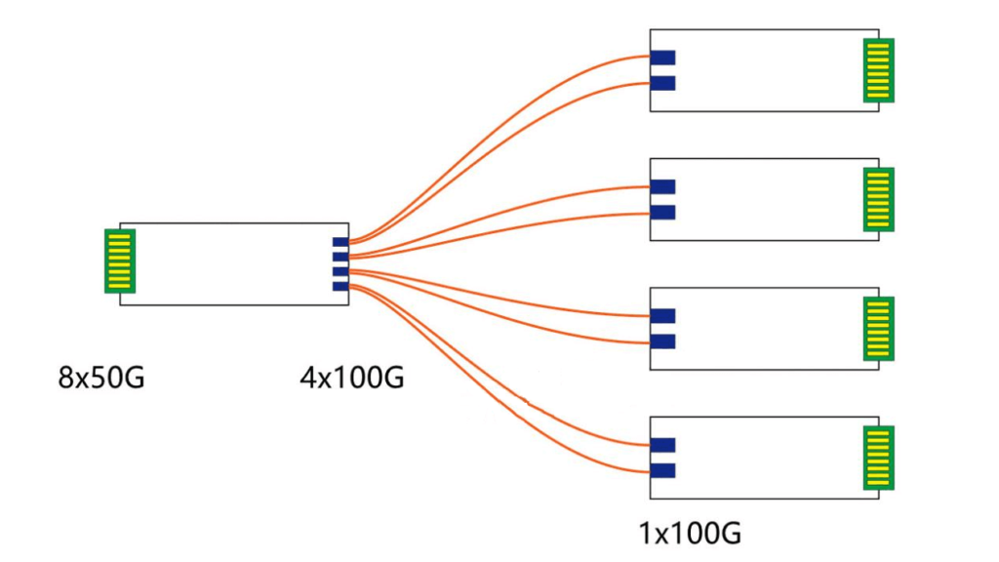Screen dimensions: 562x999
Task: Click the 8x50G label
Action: point(101,377)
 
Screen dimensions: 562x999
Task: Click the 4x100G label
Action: point(351,377)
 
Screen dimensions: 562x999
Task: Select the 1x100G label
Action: point(690,534)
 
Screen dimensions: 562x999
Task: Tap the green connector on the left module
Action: point(119,261)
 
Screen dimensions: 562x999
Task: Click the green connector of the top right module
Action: point(878,70)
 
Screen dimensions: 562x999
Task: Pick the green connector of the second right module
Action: point(878,199)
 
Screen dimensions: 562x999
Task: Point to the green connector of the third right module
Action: point(878,329)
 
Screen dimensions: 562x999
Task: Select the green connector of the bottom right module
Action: point(878,458)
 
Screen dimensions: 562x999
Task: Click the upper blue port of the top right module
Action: point(662,58)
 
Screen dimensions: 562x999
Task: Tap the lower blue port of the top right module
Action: point(662,83)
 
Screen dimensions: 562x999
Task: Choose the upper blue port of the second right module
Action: point(662,186)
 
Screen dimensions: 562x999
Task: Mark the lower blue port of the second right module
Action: point(662,212)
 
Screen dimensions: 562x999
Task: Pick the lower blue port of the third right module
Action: point(662,341)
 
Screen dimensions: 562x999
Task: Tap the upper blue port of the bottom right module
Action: point(662,445)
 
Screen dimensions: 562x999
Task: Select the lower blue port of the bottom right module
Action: point(662,470)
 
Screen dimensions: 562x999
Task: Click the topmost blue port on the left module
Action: point(340,242)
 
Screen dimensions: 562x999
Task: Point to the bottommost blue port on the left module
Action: point(340,286)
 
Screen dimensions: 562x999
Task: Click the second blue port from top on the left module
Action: point(340,257)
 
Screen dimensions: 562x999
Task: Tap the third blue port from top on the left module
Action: point(340,271)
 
